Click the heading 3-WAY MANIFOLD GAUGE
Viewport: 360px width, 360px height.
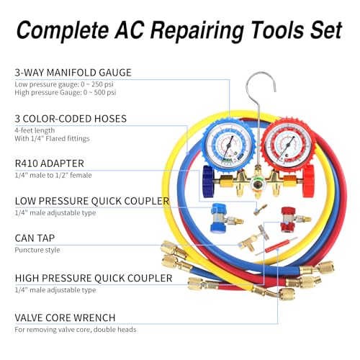pos(73,73)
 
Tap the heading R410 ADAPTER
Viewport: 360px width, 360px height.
pos(50,163)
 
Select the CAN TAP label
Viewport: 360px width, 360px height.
pos(35,238)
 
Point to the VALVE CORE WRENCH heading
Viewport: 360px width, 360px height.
pos(65,318)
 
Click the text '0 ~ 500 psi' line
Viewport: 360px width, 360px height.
pos(100,92)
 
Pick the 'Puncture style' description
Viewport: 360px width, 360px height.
pos(37,250)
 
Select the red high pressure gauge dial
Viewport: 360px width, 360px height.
pos(287,143)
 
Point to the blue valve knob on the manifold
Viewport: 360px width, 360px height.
pos(208,181)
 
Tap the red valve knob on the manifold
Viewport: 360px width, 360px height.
pos(308,181)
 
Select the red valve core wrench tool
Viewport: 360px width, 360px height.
pos(276,246)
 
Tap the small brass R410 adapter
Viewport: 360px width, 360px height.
pos(260,210)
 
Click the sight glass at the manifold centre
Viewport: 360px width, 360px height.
pos(257,185)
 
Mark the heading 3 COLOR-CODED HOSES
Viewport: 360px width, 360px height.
pos(71,119)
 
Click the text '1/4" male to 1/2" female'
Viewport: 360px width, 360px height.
pos(53,175)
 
